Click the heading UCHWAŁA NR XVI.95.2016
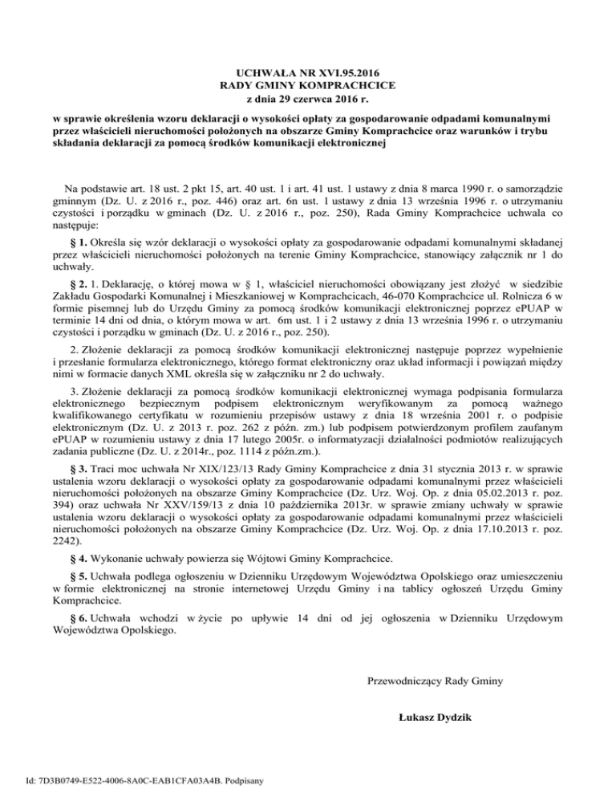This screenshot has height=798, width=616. click(x=307, y=72)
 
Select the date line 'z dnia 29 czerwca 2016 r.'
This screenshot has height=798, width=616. click(x=307, y=98)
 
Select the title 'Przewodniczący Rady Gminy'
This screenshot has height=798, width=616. click(x=434, y=682)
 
